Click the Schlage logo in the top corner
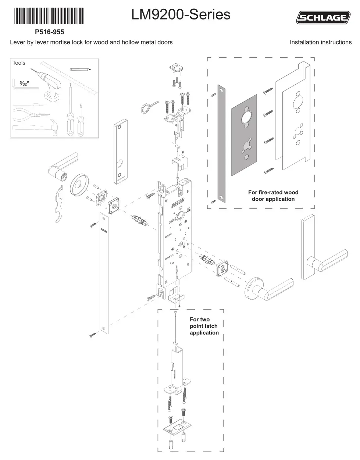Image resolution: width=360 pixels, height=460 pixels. click(324, 17)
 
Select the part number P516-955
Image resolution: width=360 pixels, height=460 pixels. click(49, 32)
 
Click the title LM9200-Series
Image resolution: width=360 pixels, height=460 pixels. click(181, 15)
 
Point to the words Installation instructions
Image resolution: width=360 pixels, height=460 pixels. click(320, 42)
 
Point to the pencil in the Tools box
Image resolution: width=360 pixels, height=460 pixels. click(80, 69)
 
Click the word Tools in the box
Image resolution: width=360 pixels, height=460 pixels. click(19, 63)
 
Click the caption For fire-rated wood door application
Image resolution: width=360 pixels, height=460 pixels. click(273, 196)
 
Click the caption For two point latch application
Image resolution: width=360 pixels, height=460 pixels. click(204, 326)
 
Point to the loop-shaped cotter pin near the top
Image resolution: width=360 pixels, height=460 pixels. click(149, 108)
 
